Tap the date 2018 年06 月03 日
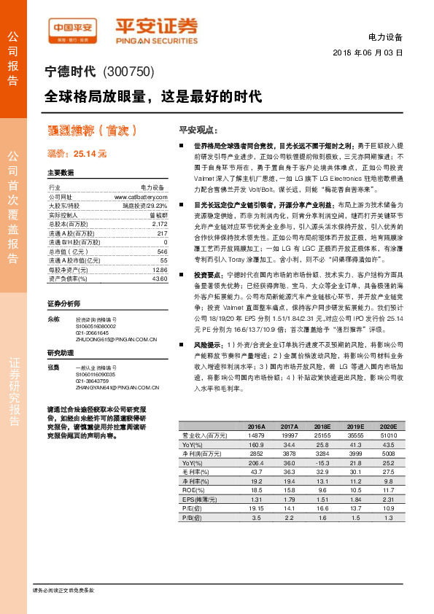point(368,53)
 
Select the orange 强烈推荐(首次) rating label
point(93,131)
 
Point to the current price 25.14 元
point(77,155)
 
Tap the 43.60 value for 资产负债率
point(159,279)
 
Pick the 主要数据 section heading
point(61,173)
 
